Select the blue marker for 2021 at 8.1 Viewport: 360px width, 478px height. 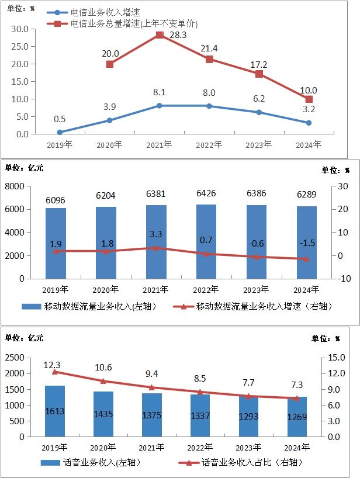point(160,106)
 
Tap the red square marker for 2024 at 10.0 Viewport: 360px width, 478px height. point(309,99)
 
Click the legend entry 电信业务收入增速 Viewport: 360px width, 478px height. point(105,12)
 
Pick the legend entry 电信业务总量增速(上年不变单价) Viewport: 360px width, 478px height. point(134,24)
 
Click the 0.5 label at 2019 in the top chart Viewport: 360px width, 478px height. point(60,119)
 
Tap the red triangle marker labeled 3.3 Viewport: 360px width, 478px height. point(156,248)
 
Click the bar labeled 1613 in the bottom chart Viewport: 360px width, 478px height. point(54,411)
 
